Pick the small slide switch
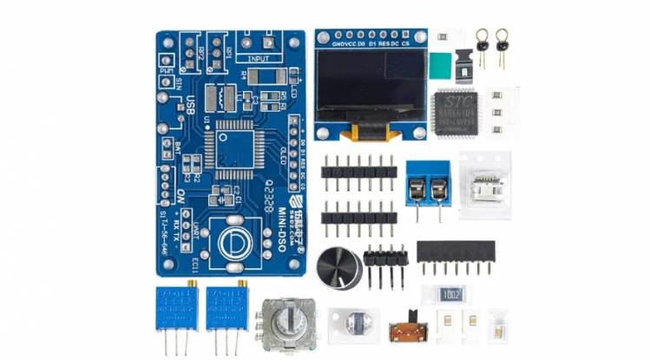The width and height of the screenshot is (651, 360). (401, 332)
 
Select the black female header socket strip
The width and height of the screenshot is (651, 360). (456, 252)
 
